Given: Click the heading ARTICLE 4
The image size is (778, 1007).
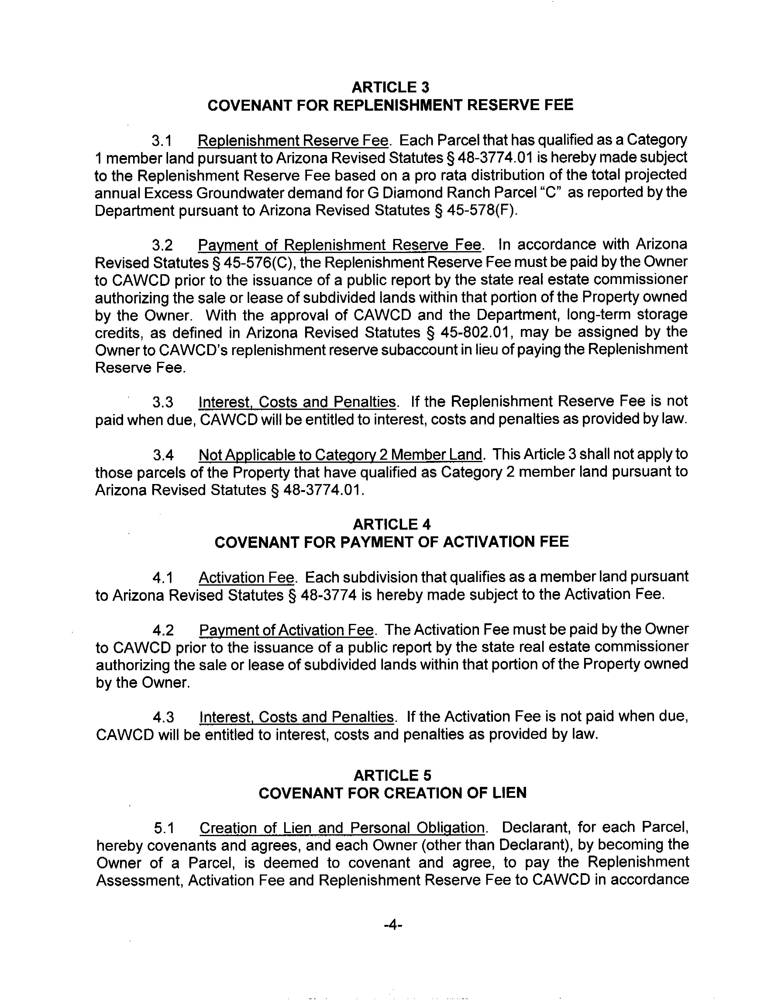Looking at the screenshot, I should click(391, 524).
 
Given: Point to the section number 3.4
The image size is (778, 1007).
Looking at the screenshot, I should click(164, 455).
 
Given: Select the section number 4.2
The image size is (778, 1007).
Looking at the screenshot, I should click(164, 630).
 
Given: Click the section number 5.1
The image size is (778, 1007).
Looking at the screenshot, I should click(164, 829).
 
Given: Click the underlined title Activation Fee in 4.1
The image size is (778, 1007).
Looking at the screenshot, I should click(246, 578).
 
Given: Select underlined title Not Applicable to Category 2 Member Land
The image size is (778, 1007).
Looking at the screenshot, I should click(340, 455).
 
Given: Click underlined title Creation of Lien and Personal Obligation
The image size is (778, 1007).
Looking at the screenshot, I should click(342, 828).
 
